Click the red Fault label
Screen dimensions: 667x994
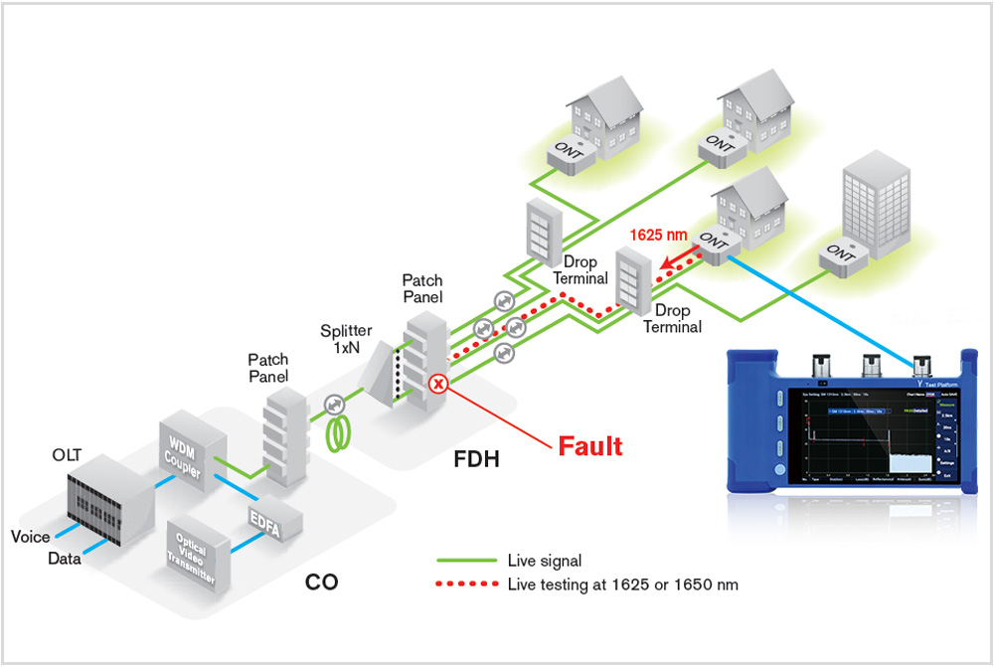tap(590, 446)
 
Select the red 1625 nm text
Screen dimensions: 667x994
tap(659, 236)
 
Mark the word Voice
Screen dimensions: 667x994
tap(30, 537)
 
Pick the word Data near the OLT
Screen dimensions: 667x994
tap(66, 559)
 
